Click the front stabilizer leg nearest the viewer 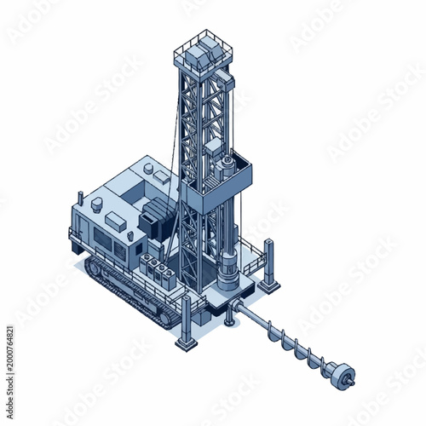pos(186,324)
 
